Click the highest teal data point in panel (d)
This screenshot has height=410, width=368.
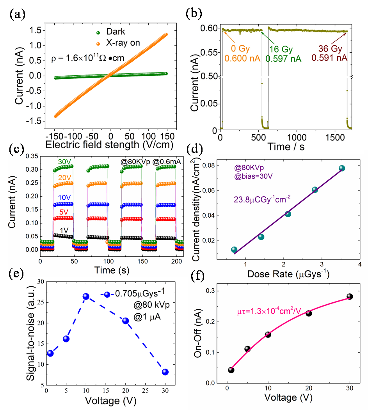[x=342, y=169]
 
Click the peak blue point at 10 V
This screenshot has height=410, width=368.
[x=86, y=297]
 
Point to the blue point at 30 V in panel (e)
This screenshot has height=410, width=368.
[x=165, y=372]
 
